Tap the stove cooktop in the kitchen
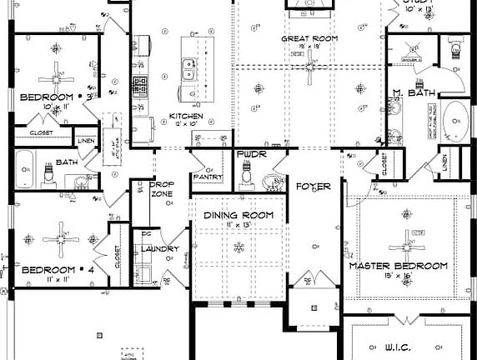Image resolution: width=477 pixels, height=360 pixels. click(139, 85)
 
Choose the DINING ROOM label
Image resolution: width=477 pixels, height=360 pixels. click(239, 215)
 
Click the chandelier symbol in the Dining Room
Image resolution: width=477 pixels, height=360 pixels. click(240, 247)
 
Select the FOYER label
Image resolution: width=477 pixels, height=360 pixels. click(314, 187)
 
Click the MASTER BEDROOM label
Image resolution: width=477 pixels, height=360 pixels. click(398, 266)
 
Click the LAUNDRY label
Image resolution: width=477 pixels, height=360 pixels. click(160, 248)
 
